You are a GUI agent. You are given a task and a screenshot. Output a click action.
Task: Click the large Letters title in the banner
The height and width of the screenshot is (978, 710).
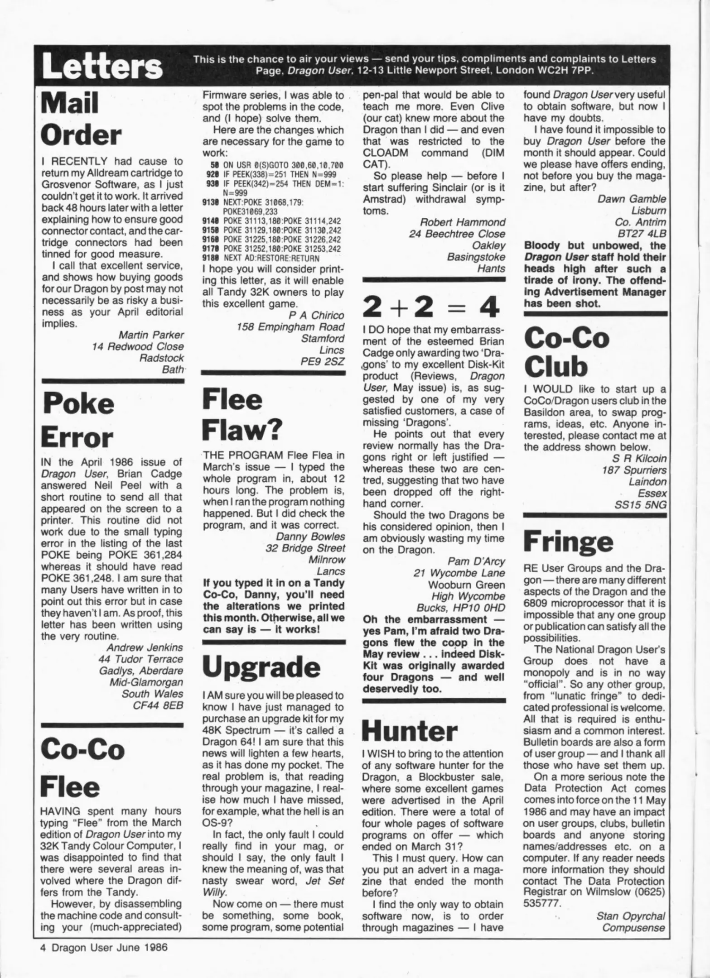102,67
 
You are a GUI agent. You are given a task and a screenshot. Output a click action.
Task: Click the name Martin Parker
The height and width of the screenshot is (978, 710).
151,335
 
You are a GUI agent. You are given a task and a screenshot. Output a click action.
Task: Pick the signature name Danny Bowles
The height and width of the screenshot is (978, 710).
310,537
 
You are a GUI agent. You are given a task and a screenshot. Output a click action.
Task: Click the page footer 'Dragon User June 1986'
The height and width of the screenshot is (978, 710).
109,959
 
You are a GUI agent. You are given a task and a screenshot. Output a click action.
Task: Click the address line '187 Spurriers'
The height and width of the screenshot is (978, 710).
634,470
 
